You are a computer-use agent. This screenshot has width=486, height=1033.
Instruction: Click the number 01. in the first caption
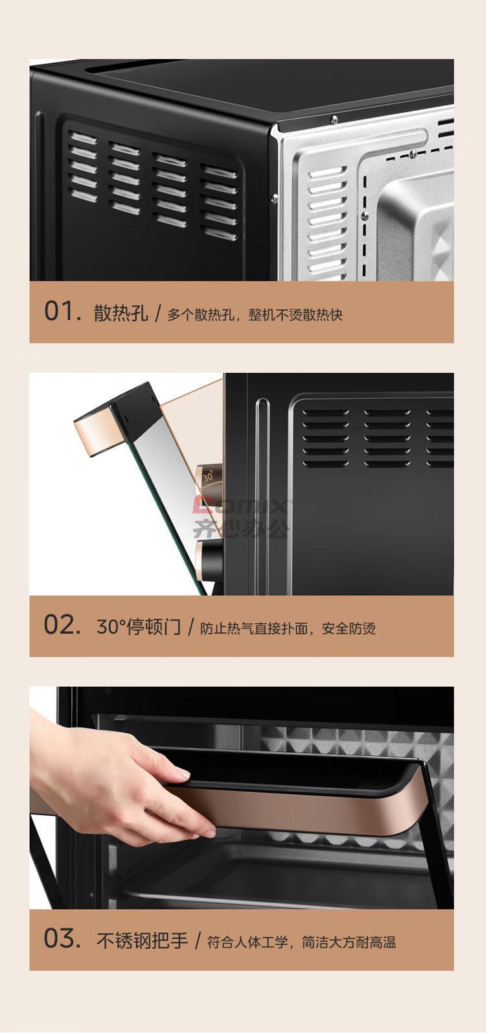[x=63, y=311]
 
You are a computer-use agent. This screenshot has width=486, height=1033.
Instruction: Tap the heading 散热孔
[x=121, y=313]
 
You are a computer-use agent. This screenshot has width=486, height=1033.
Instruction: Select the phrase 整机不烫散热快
[x=295, y=315]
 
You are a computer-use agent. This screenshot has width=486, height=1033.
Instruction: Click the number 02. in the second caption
[x=62, y=625]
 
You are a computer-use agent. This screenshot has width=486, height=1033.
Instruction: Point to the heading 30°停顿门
[x=139, y=626]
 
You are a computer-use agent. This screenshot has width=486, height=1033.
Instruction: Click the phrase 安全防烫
[x=349, y=628]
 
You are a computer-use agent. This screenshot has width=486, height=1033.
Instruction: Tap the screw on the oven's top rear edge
[x=334, y=119]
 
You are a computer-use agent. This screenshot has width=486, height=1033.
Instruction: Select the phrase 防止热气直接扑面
[x=254, y=628]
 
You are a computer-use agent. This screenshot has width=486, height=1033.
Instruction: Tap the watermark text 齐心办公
[x=241, y=528]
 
